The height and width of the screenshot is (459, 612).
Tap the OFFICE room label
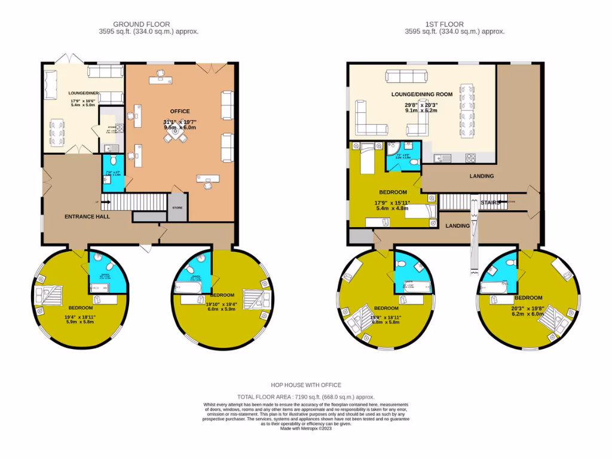(179, 111)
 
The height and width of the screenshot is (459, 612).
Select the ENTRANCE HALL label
(87, 216)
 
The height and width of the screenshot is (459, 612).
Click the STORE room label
(177, 208)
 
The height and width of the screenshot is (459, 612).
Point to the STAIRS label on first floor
(490, 203)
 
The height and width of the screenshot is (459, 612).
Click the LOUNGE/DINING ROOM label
(421, 94)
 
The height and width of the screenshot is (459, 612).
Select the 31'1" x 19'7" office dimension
(179, 123)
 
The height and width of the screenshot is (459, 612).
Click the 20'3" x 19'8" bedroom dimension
(528, 309)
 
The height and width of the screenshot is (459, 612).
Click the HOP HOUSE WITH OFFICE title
(305, 385)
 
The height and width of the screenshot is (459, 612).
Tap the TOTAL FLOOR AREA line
(305, 396)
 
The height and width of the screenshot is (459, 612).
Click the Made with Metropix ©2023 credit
(305, 429)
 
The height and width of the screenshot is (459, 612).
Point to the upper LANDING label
(482, 176)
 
